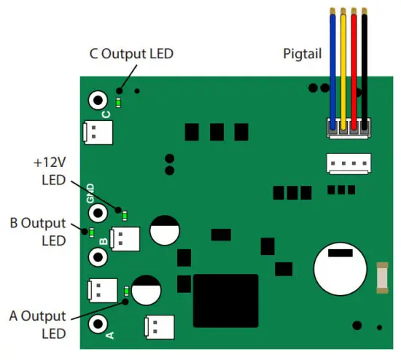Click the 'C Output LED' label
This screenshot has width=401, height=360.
point(132,53)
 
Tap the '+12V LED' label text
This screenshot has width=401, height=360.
point(50,170)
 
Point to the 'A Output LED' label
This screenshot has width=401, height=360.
point(38,324)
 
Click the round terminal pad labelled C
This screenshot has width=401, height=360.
point(97,100)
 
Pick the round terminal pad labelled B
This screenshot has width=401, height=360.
point(98,257)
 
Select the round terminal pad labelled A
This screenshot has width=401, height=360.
point(98,323)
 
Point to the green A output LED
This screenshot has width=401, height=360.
point(127,291)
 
